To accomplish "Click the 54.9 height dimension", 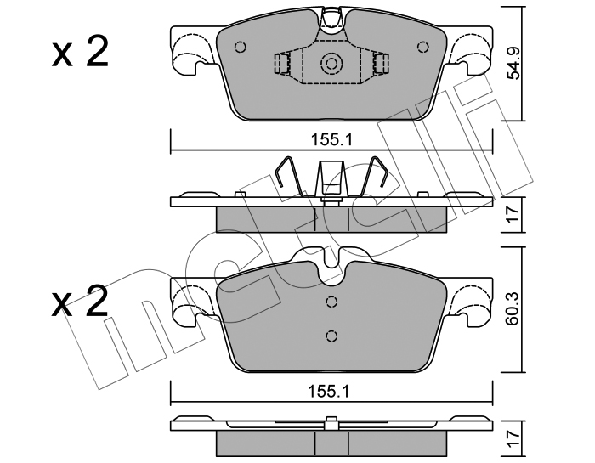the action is [513, 64].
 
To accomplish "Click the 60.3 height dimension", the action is [513, 309].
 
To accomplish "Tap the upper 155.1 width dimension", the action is [331, 140].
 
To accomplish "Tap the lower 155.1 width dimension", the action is [329, 392].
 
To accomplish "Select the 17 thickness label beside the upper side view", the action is [513, 214].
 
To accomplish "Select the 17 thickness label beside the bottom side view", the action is [513, 439].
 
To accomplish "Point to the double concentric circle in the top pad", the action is [331, 63].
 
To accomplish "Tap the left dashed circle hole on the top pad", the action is [241, 47].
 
